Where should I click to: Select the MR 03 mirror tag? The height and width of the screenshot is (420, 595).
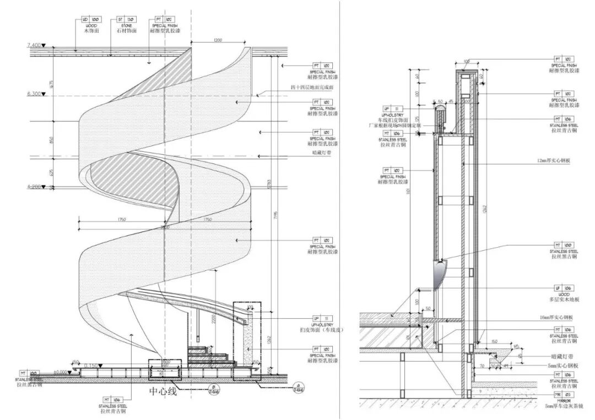563,395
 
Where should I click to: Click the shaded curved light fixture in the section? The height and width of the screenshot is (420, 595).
439,275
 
